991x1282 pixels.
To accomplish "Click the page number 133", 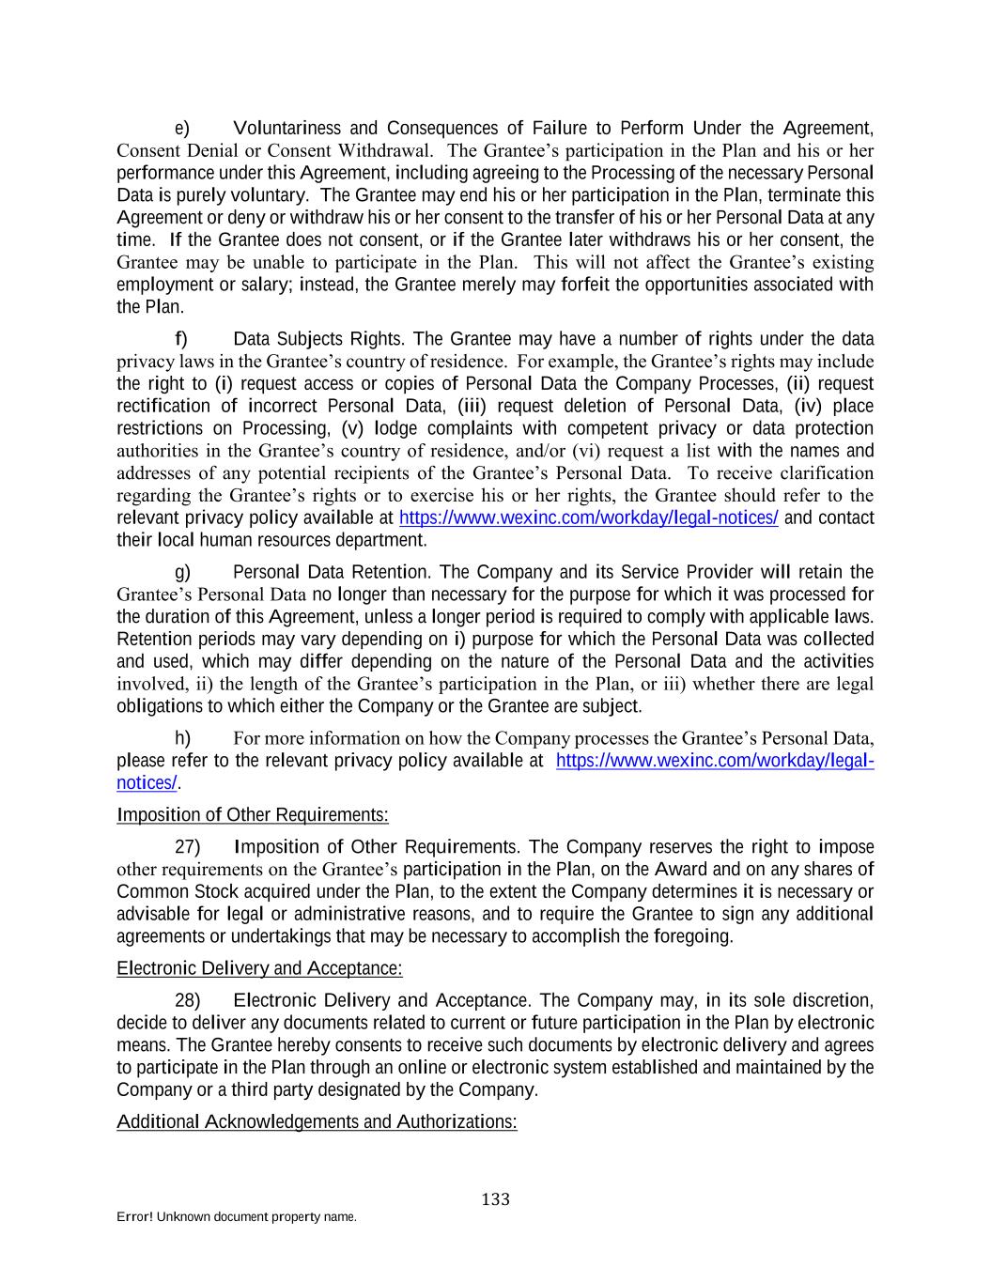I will pos(495,1199).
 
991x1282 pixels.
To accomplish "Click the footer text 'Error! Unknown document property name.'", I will pos(237,1217).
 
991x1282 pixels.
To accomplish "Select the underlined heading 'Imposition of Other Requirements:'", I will pos(253,815).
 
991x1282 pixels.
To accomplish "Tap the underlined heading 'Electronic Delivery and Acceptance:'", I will pos(259,968).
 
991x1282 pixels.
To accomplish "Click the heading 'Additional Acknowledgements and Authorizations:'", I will pos(317,1122).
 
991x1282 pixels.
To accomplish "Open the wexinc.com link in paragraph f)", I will pos(589,518).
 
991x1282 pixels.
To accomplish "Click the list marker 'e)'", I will pos(182,129).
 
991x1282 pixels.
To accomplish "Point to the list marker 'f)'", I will pos(181,339).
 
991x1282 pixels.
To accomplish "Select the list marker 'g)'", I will pos(182,572).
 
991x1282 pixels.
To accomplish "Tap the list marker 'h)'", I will pos(182,738).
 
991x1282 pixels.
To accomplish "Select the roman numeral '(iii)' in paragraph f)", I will pos(470,407).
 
